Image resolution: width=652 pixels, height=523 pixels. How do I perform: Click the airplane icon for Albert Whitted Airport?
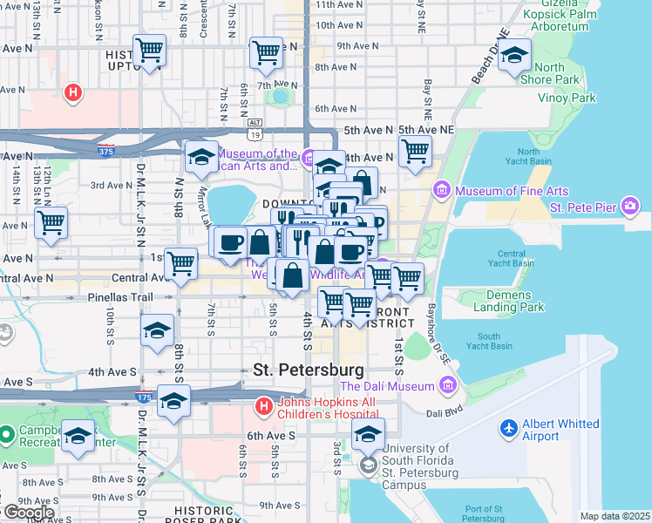coord(509,429)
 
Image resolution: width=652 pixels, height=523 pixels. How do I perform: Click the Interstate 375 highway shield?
coord(106,151)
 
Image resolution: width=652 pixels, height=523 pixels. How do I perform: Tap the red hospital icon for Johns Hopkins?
coord(263,406)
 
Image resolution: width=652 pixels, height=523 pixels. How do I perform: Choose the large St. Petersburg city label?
coord(308,370)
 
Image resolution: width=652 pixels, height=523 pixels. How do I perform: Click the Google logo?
coord(30,513)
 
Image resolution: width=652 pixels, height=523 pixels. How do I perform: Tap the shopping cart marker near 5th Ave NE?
coord(415,151)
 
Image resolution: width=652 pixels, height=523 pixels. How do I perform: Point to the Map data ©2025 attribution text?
coord(615,516)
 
